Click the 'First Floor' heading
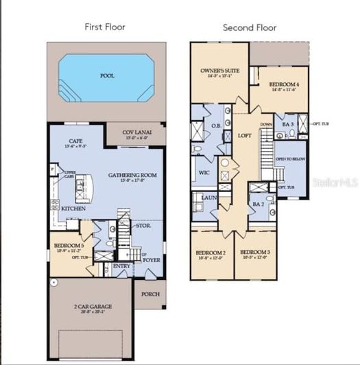(x=106, y=27)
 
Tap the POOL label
(x=107, y=77)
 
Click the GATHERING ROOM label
(x=133, y=175)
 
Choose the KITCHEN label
(x=73, y=208)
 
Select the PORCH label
(x=150, y=294)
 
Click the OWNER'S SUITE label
(x=218, y=70)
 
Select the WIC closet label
(x=204, y=173)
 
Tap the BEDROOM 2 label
(x=211, y=252)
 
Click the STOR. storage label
(x=143, y=224)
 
